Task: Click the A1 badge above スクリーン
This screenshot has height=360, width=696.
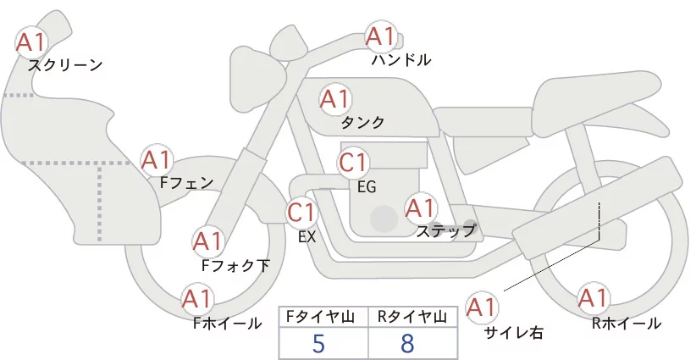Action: (31, 40)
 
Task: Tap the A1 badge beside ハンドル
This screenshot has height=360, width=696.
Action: (380, 36)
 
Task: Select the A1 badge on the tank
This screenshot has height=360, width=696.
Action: (334, 99)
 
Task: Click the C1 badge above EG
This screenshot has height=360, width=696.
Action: (352, 163)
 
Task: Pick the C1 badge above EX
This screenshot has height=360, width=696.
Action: (301, 211)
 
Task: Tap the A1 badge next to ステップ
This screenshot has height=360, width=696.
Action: (420, 208)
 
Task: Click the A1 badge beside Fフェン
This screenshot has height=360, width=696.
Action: (156, 158)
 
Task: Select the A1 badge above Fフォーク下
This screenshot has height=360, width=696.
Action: (207, 241)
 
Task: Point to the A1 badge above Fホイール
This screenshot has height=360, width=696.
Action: (197, 298)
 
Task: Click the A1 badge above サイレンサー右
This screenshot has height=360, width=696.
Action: (483, 306)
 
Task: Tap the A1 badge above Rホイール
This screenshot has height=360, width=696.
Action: (593, 298)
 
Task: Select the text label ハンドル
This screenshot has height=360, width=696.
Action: (401, 60)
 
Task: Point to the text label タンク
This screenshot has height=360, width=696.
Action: (362, 123)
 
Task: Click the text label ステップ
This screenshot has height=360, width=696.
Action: (445, 230)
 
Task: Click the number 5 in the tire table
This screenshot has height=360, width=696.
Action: (319, 343)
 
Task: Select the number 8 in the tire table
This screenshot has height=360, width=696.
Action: (409, 343)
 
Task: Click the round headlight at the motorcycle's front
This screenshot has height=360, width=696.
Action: (254, 69)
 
